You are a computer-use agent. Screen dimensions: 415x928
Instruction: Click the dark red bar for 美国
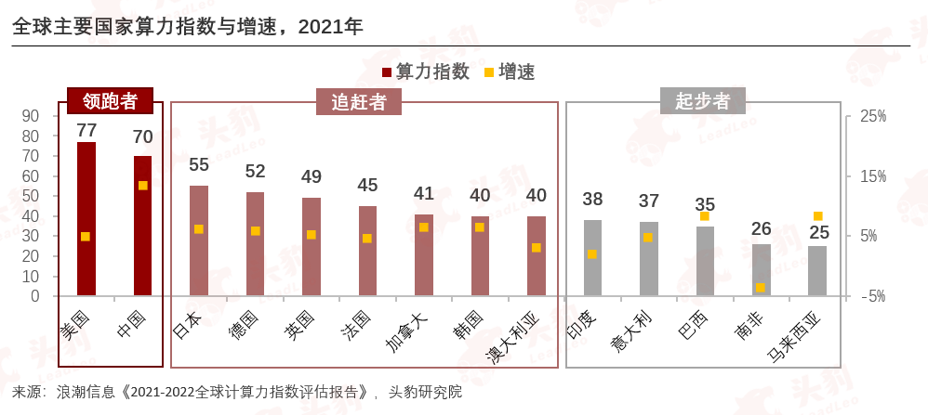pos(86,219)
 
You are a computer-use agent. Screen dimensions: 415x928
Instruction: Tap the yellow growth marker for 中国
pos(143,186)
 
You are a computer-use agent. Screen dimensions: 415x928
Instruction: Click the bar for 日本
pos(199,240)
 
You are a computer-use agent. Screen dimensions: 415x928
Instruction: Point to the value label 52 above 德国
pos(255,171)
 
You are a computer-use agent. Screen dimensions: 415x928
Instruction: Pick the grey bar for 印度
pos(593,258)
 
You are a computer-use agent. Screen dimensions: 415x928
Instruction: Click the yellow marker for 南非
pos(761,288)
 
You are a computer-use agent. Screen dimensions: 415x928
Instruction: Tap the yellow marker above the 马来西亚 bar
pos(818,216)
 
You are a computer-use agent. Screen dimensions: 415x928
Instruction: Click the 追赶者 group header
pos(365,101)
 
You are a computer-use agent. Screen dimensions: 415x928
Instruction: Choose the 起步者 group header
pos(702,101)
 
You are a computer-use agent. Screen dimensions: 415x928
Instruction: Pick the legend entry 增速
pos(510,71)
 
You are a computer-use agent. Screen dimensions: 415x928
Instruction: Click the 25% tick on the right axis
pos(872,116)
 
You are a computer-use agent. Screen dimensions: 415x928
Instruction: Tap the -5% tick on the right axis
pos(872,296)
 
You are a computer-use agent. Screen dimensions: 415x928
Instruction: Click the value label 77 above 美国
pos(86,130)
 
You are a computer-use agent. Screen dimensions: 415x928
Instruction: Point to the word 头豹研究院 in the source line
pos(425,392)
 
